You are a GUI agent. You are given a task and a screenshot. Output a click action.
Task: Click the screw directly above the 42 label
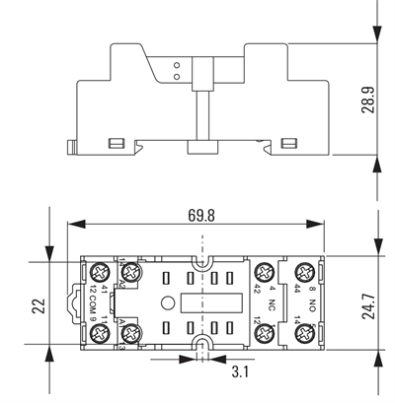265,272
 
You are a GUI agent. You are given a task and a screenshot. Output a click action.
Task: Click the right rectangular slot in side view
288,145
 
